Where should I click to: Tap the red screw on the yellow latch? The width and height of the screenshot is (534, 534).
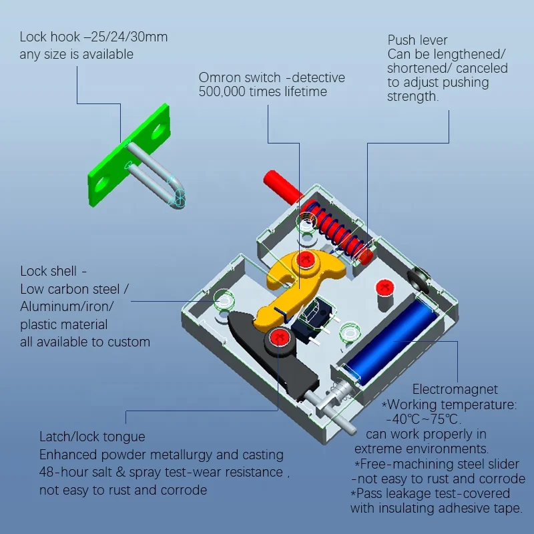coord(307,259)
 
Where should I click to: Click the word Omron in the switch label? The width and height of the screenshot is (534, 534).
coord(221,78)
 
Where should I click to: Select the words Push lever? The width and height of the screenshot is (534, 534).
coord(417,41)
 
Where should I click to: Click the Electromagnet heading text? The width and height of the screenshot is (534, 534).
coord(455,389)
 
